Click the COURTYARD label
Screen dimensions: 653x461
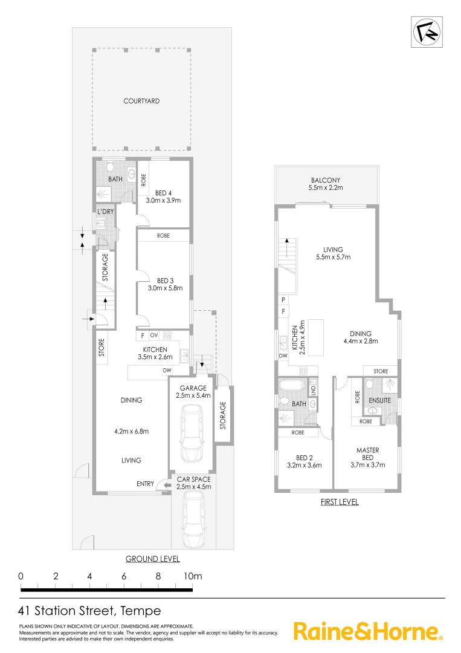pyautogui.click(x=141, y=101)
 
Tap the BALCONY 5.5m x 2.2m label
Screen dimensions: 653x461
pyautogui.click(x=326, y=184)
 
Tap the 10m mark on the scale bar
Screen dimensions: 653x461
pyautogui.click(x=192, y=576)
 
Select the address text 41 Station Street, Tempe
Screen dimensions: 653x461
pyautogui.click(x=90, y=611)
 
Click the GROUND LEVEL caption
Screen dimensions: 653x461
pyautogui.click(x=152, y=559)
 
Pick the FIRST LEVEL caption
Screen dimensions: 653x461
pyautogui.click(x=338, y=502)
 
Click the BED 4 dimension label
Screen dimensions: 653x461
pyautogui.click(x=164, y=197)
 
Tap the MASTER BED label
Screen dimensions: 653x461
pyautogui.click(x=367, y=453)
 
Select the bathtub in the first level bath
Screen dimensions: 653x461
pyautogui.click(x=292, y=385)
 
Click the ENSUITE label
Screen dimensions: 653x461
pyautogui.click(x=379, y=400)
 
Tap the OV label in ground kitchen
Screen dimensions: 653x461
pyautogui.click(x=154, y=334)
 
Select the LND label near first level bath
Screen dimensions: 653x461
pyautogui.click(x=312, y=388)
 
